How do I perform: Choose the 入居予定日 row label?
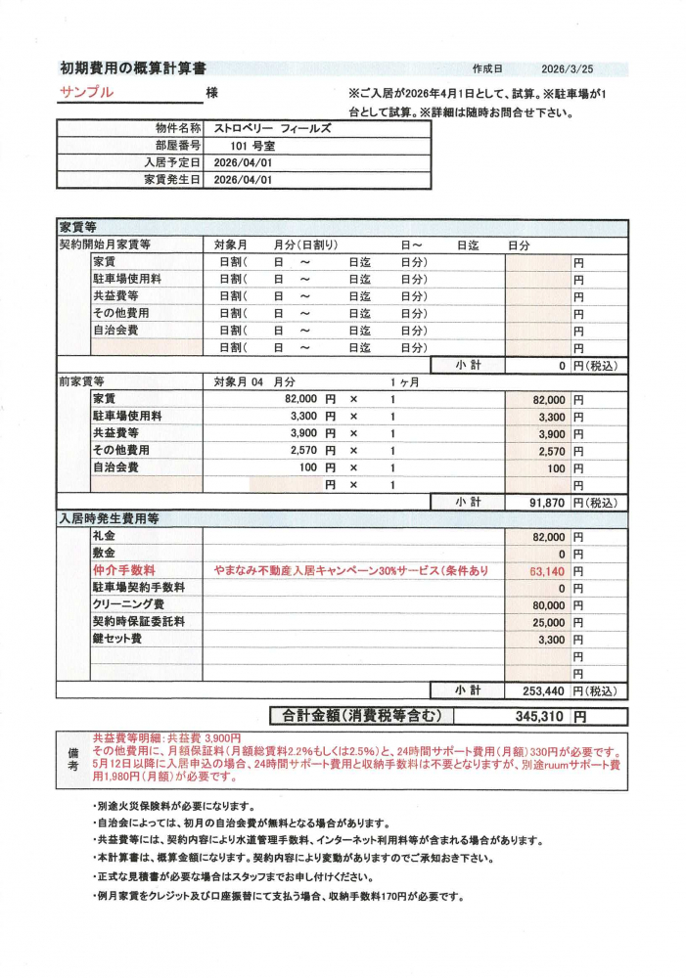pyautogui.click(x=172, y=163)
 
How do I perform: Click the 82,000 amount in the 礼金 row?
pyautogui.click(x=547, y=537)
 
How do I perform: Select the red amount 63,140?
pyautogui.click(x=547, y=571)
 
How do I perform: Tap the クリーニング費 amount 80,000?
pyautogui.click(x=547, y=605)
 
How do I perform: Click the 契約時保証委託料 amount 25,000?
pyautogui.click(x=547, y=622)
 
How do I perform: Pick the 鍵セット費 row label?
pyautogui.click(x=116, y=639)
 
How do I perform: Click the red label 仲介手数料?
pyautogui.click(x=124, y=570)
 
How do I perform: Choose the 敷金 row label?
pyautogui.click(x=104, y=554)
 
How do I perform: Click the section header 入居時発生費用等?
pyautogui.click(x=109, y=519)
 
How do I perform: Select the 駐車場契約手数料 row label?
pyautogui.click(x=139, y=588)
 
